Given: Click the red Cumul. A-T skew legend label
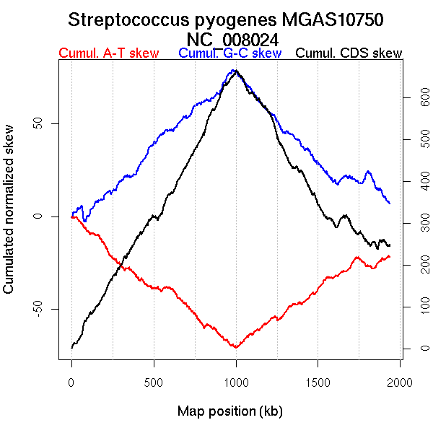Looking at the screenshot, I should [x=108, y=53].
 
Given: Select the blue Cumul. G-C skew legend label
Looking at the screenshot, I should [x=229, y=53].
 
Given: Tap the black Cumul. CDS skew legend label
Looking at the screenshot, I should [x=349, y=53].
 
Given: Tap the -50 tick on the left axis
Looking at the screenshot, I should [x=40, y=310].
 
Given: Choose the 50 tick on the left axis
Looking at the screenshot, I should [x=40, y=123].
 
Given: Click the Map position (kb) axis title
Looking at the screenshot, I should [x=229, y=412].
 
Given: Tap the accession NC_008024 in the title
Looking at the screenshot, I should [x=232, y=39].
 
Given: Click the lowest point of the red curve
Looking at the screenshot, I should [x=235, y=347].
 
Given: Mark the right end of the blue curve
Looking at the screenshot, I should [x=390, y=204].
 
